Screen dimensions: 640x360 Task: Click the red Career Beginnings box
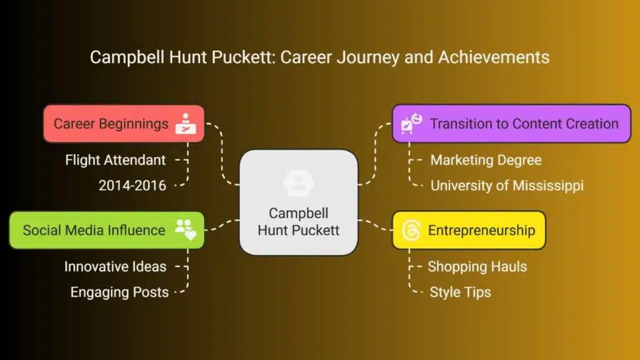[124, 124]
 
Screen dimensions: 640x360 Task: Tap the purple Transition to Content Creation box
[511, 124]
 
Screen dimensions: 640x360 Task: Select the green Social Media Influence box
[107, 230]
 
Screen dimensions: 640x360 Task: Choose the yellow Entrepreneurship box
[469, 230]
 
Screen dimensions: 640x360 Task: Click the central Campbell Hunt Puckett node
[299, 202]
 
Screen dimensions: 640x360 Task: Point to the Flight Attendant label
[116, 160]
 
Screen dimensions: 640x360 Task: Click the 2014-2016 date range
[132, 186]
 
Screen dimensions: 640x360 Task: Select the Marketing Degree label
[486, 160]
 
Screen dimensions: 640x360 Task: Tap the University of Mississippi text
[507, 186]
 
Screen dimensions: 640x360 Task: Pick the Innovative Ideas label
[115, 266]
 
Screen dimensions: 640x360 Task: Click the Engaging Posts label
[119, 292]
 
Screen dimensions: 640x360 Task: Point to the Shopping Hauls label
[477, 266]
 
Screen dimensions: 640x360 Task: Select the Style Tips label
[460, 292]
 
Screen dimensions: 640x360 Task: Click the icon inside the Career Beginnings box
[186, 124]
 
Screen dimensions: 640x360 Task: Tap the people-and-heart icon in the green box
[186, 230]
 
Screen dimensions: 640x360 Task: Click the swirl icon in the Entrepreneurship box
[411, 230]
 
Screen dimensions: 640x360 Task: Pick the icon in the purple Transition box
[411, 124]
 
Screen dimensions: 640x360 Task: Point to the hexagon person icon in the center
[299, 183]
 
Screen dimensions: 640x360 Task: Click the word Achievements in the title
[494, 57]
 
